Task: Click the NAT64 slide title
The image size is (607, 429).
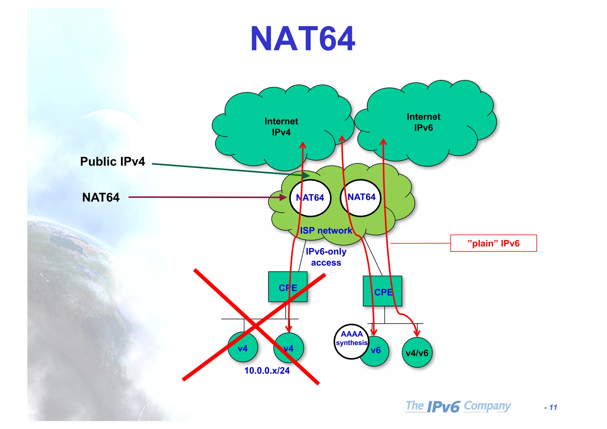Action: tap(303, 39)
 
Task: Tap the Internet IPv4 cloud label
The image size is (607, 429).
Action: tap(281, 127)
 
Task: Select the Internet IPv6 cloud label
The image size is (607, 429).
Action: tap(423, 122)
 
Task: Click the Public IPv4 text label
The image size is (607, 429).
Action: tap(113, 161)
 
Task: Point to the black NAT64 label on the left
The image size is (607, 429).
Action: tap(101, 197)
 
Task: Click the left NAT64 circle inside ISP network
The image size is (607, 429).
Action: tap(310, 198)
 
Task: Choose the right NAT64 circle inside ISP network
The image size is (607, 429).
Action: tap(361, 197)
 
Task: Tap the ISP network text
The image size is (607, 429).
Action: tap(326, 230)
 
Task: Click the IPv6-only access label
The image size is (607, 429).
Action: tap(326, 257)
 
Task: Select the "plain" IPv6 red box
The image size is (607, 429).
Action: tap(493, 243)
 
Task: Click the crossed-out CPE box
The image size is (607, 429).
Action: tap(287, 287)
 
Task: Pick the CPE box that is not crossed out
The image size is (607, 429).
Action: tap(382, 291)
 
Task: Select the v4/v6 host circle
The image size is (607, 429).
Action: tap(417, 353)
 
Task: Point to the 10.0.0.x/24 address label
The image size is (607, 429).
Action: tap(267, 371)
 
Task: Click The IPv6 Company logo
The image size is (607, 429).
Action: tap(458, 406)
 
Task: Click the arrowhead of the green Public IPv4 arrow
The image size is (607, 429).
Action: tap(306, 176)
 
